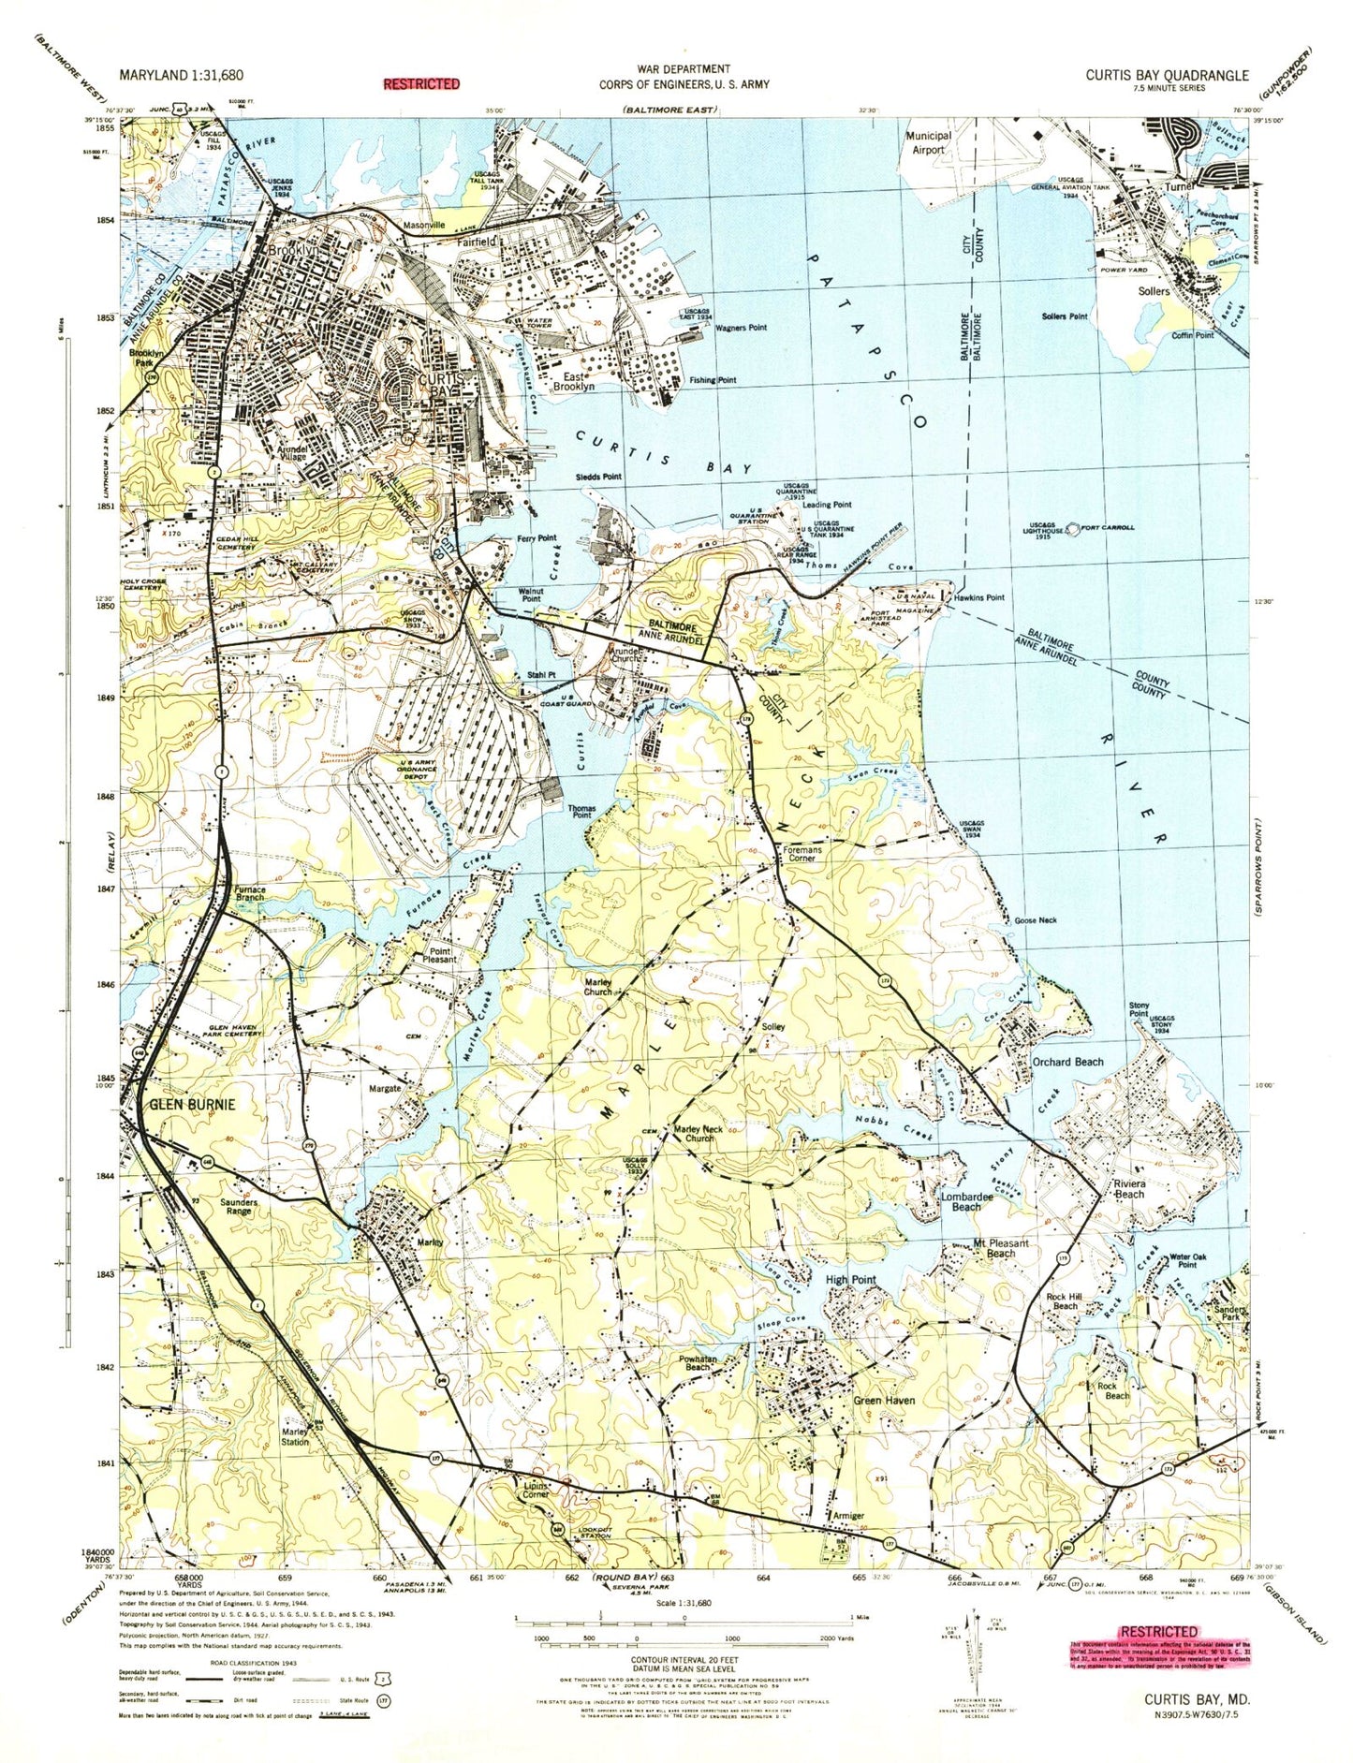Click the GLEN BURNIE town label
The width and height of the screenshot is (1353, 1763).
tap(192, 1105)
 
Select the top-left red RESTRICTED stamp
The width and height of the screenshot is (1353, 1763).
tap(421, 83)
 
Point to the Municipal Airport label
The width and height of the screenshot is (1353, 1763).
tap(928, 142)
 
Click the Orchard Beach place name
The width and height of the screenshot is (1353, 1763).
tap(1067, 1062)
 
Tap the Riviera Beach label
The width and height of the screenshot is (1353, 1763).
tap(1128, 1188)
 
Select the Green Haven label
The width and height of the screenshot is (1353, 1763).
tap(883, 1401)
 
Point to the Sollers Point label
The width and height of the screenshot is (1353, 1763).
tap(1065, 316)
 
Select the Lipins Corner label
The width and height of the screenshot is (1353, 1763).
tap(537, 1490)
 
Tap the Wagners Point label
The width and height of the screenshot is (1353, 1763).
tap(741, 328)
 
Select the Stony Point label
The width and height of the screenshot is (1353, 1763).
tap(1139, 1008)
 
